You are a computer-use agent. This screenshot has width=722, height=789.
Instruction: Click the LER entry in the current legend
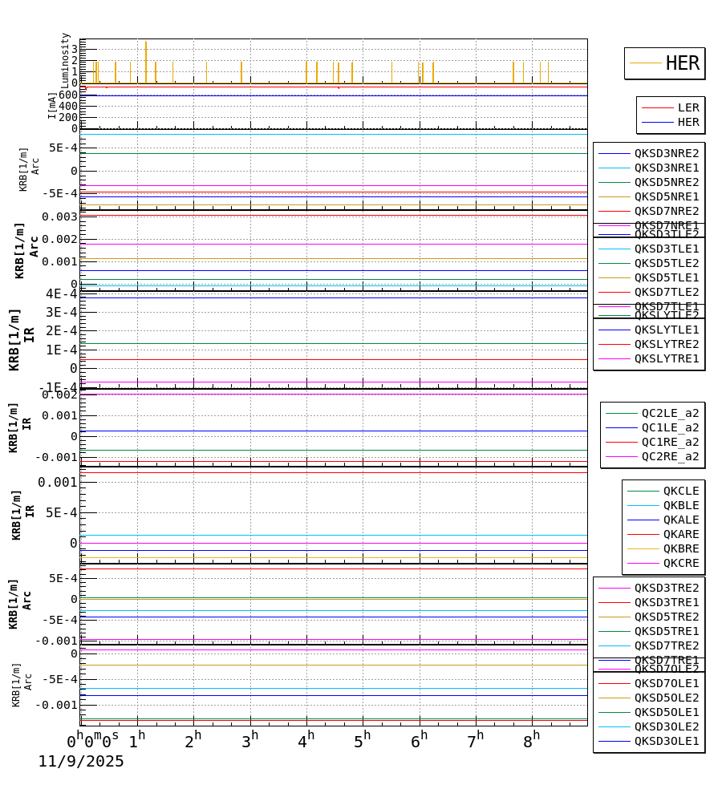point(688,107)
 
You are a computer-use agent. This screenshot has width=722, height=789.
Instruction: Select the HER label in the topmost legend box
point(682,63)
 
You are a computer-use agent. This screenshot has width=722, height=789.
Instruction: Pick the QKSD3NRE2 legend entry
point(667,153)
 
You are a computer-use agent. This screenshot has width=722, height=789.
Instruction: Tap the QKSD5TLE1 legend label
point(667,277)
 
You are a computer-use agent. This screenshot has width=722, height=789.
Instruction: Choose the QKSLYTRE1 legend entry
point(667,358)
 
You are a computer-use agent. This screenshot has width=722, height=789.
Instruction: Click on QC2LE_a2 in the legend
point(670,413)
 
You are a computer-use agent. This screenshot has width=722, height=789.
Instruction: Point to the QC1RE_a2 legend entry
point(670,442)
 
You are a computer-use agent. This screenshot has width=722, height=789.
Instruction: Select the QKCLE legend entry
point(681,491)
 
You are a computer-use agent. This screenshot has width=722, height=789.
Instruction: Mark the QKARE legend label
point(681,534)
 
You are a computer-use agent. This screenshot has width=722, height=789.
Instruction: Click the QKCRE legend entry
point(681,563)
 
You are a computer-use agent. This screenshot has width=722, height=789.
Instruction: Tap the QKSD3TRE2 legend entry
point(667,588)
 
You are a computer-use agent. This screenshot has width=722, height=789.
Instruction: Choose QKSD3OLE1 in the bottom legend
point(667,741)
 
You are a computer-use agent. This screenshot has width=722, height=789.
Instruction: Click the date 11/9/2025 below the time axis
point(81,762)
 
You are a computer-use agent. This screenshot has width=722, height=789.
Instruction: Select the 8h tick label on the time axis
point(531,742)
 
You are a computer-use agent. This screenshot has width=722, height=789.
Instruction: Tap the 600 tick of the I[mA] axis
point(68,95)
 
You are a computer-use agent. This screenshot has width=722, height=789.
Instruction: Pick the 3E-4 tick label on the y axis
point(61,312)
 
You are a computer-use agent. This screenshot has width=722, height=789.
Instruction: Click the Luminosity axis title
point(65,60)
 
